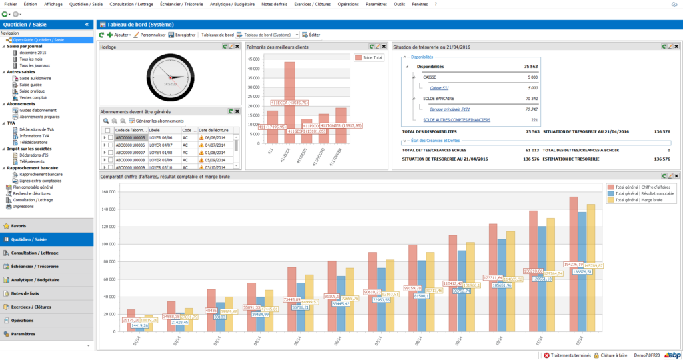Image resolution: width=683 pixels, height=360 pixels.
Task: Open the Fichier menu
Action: pyautogui.click(x=10, y=4)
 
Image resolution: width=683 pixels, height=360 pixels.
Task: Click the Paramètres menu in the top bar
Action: pyautogui.click(x=376, y=4)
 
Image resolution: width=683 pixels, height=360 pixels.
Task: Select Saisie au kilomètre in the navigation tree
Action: pyautogui.click(x=35, y=78)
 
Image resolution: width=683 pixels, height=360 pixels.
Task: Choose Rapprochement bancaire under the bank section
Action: pyautogui.click(x=41, y=175)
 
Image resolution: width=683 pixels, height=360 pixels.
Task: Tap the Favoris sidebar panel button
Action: pyautogui.click(x=19, y=225)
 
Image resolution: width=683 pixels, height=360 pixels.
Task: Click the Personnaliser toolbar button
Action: pyautogui.click(x=149, y=35)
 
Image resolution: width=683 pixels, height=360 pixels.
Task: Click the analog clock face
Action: pyautogui.click(x=170, y=78)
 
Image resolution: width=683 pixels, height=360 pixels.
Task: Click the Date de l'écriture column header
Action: pyautogui.click(x=215, y=129)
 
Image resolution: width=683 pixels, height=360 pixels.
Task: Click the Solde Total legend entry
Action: pyautogui.click(x=369, y=58)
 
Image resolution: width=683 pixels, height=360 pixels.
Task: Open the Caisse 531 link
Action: pyautogui.click(x=439, y=88)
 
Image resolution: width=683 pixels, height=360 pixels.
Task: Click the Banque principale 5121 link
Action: pyautogui.click(x=450, y=109)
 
